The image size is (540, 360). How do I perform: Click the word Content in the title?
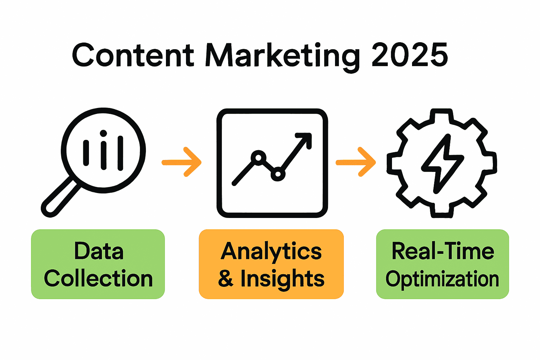pos(133,56)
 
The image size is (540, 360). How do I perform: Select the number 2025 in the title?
pos(410,55)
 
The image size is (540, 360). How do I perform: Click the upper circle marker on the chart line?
pos(258,157)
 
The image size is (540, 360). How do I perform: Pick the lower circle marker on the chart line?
pos(278,174)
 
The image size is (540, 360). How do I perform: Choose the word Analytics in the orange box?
pos(271,251)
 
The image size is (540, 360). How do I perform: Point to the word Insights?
pos(282,279)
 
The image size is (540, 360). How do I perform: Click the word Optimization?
pos(442,279)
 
